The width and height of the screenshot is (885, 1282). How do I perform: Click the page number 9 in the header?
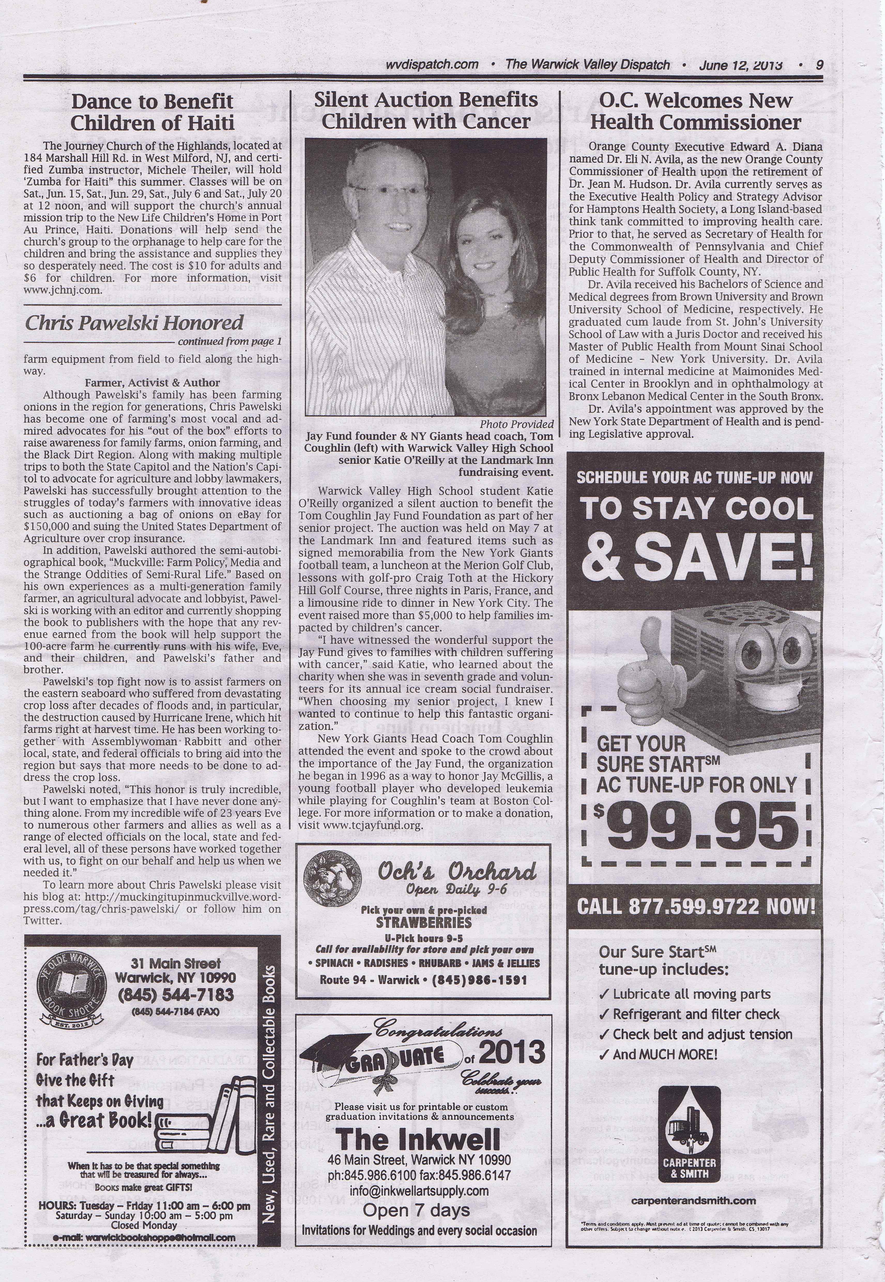click(x=819, y=65)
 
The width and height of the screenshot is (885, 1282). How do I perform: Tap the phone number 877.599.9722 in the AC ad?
click(x=695, y=907)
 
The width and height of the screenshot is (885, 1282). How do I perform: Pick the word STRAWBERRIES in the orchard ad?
click(x=424, y=922)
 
